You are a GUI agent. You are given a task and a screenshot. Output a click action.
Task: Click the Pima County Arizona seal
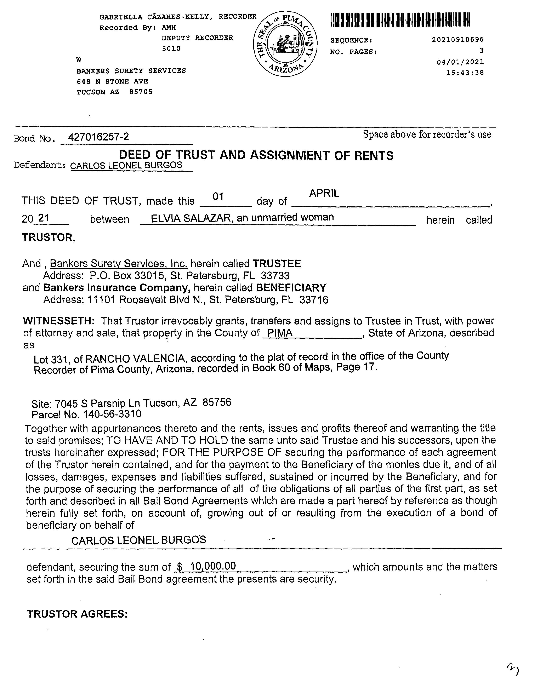[285, 44]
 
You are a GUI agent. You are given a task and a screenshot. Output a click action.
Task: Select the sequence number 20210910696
[458, 40]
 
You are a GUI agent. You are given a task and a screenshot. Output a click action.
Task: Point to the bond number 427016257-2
[98, 137]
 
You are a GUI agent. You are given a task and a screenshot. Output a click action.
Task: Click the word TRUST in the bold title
[195, 155]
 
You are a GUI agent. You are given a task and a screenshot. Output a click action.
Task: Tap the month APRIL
[324, 193]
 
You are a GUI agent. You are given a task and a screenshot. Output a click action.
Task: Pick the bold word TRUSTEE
[277, 263]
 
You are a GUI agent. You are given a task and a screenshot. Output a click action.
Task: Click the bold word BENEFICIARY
[291, 287]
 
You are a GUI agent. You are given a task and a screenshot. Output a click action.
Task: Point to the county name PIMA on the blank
[280, 333]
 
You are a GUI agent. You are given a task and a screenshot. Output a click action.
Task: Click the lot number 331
[60, 360]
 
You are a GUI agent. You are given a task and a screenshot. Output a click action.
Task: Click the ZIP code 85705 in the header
[141, 92]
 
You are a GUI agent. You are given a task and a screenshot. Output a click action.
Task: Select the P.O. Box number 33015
[149, 275]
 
